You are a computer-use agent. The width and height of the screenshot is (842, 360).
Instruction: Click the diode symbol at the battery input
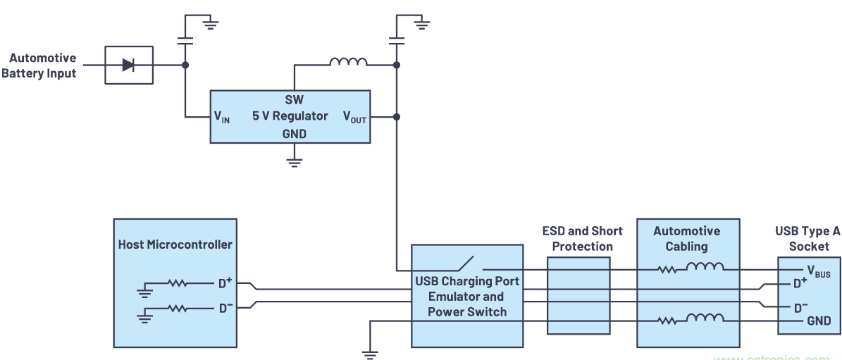tap(128, 65)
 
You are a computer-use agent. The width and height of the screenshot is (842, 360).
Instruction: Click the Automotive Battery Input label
tap(42, 66)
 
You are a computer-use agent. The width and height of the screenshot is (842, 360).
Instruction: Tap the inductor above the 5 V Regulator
tap(348, 63)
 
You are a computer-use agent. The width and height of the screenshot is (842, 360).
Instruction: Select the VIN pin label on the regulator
tap(222, 116)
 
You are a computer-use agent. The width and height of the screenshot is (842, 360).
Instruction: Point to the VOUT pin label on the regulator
tap(354, 116)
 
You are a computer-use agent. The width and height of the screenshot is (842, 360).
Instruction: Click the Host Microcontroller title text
tap(173, 244)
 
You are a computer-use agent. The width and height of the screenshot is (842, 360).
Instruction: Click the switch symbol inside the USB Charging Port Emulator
tap(465, 264)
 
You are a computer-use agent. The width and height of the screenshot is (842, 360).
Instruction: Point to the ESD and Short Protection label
tap(577, 238)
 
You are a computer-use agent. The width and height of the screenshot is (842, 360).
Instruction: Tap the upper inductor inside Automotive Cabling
tap(705, 266)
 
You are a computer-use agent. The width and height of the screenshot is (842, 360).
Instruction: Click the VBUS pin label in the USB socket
tap(818, 271)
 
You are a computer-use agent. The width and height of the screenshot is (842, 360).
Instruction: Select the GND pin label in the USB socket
tap(818, 321)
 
